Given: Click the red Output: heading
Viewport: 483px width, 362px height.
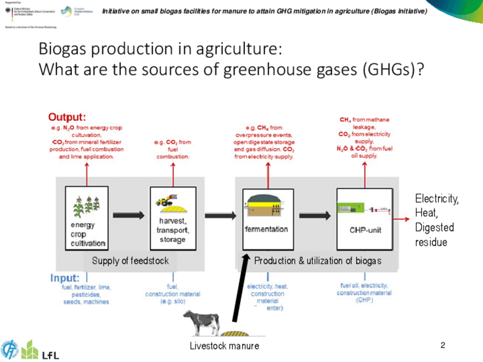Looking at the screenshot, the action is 67,117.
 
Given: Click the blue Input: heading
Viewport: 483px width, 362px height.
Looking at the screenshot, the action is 64,278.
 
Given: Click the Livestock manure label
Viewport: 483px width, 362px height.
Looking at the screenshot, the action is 224,345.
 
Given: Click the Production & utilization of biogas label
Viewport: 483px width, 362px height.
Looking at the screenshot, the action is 317,261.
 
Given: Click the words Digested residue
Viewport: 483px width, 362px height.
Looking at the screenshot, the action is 435,235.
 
